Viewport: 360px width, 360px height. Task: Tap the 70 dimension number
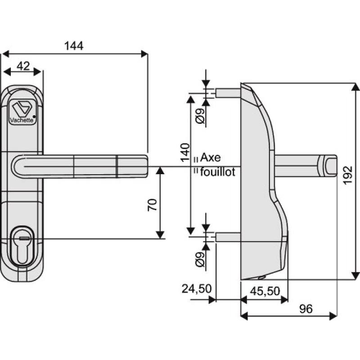click(152, 205)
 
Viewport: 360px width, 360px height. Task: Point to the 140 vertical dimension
click(184, 155)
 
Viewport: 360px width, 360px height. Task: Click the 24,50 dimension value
click(197, 288)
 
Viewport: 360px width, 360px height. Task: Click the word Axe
click(210, 157)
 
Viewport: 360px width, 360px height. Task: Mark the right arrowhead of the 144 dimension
click(144, 54)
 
